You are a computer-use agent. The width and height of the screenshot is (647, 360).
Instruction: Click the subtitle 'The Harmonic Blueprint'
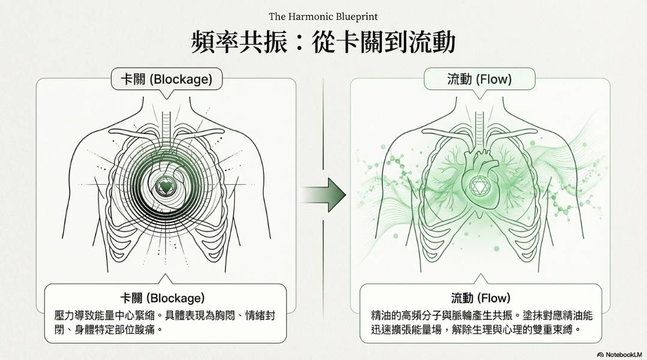323,16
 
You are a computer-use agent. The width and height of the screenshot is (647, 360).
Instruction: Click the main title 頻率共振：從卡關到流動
323,43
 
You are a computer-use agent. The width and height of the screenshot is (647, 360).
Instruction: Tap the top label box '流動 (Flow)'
479,79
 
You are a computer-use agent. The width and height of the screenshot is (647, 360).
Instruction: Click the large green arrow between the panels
324,194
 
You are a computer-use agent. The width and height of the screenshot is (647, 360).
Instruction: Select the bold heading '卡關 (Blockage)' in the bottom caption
162,298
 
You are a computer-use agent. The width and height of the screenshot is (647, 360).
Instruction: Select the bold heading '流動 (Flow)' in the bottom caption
480,298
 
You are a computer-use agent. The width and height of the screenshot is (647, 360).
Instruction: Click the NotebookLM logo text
621,355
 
